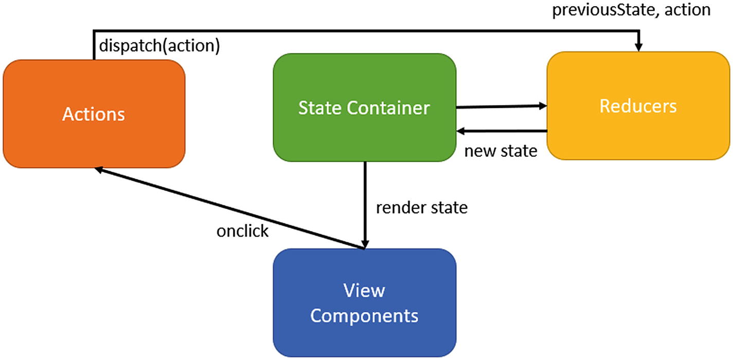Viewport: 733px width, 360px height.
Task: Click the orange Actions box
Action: click(94, 134)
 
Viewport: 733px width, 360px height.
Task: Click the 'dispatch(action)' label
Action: click(159, 46)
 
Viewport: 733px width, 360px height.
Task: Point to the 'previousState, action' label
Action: click(631, 10)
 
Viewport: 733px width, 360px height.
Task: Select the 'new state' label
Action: click(500, 151)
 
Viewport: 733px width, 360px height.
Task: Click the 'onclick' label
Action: click(242, 231)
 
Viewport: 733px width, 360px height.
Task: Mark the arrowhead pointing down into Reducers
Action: click(639, 47)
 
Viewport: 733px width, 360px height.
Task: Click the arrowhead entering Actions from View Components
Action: click(101, 171)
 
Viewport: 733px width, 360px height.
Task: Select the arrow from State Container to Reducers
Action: click(501, 107)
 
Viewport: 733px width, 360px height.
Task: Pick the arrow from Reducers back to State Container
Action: click(501, 131)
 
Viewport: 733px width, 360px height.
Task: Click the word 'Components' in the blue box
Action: click(364, 315)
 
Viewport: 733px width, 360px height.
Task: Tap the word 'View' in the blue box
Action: click(364, 291)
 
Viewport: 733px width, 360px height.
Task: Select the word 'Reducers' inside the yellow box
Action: click(638, 106)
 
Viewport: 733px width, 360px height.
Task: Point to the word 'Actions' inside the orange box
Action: click(94, 114)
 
